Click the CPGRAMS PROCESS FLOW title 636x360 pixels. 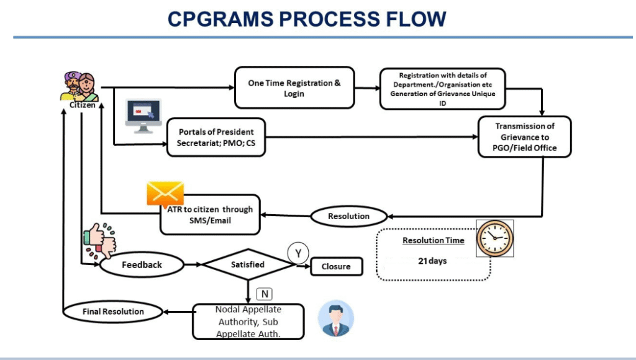307,19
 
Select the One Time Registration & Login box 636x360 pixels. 294,88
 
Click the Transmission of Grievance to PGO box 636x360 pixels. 525,137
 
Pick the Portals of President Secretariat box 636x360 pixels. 216,137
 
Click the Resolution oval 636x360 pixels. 348,216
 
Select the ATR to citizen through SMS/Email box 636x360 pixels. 210,215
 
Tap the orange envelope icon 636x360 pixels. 165,194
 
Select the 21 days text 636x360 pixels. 432,261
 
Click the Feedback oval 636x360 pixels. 142,264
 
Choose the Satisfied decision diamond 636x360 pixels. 248,264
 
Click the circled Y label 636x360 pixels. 298,253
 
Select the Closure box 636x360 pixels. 336,266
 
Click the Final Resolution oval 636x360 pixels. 113,311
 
